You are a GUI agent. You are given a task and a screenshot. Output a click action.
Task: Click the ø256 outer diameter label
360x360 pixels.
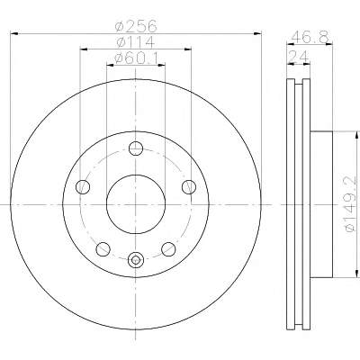[136, 26]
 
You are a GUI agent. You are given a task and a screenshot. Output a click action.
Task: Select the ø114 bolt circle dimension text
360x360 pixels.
[136, 42]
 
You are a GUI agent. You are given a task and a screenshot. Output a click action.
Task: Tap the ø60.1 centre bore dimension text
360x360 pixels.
[136, 58]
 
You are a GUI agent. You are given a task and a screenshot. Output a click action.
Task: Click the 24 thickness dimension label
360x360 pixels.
[299, 57]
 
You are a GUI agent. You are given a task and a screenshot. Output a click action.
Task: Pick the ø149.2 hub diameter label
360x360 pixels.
[352, 204]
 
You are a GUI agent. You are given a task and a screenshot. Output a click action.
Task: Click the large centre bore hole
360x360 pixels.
[136, 204]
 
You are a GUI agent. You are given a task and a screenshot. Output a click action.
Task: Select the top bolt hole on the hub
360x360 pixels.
[136, 148]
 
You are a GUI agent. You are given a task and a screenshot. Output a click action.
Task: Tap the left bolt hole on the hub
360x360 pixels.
[83, 187]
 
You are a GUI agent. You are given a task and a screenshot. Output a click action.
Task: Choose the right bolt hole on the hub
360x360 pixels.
[189, 187]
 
